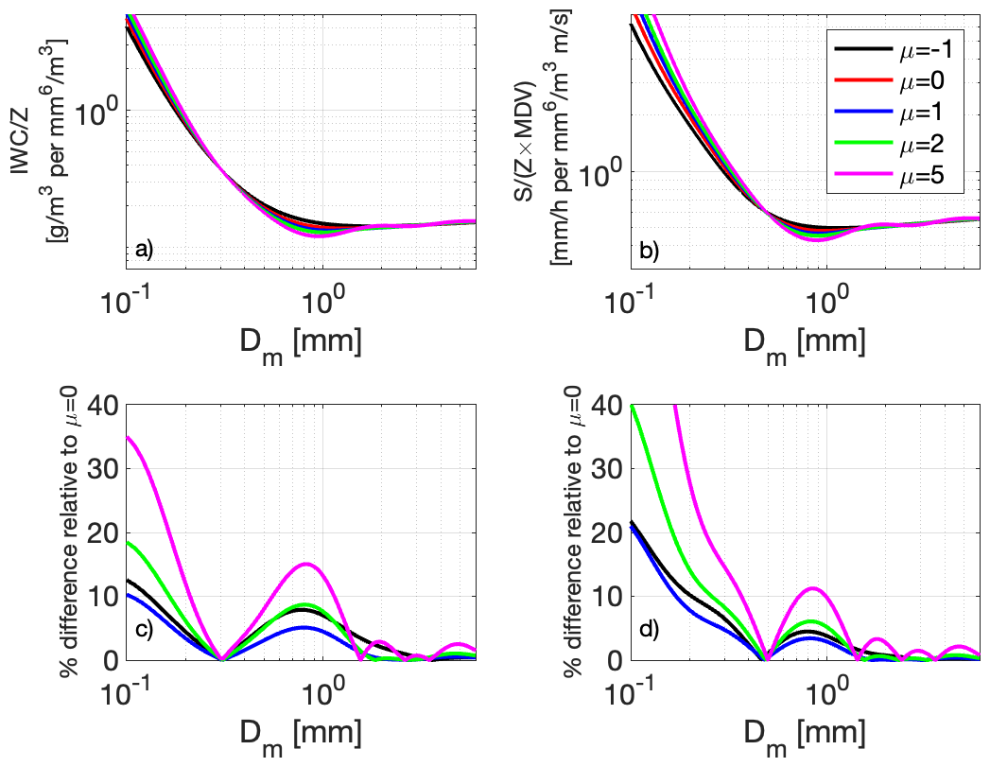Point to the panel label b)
tap(648, 250)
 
